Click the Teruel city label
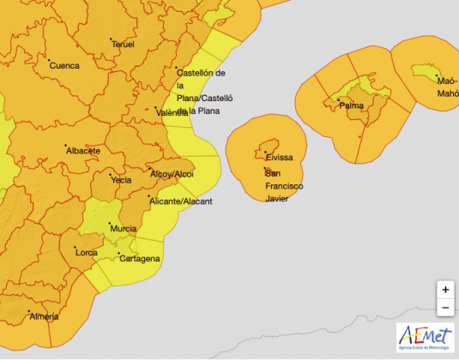(124, 45)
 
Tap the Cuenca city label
(64, 65)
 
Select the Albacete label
(82, 151)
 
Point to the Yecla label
(121, 181)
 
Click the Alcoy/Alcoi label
(172, 174)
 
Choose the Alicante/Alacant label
(180, 201)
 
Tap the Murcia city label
(123, 229)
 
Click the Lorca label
(87, 253)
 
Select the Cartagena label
(140, 258)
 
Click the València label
(172, 112)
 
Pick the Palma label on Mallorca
(351, 105)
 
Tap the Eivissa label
(279, 158)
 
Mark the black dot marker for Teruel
(111, 39)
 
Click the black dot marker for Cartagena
(119, 253)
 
